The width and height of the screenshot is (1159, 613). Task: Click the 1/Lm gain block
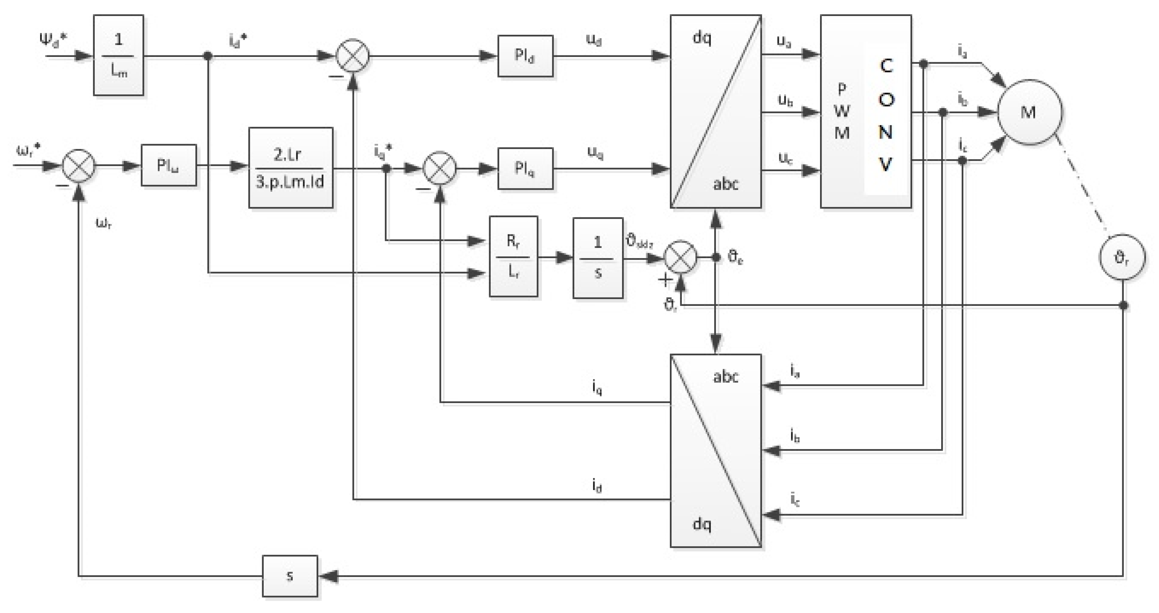[x=118, y=55]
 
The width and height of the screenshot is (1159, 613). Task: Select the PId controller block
[x=525, y=56]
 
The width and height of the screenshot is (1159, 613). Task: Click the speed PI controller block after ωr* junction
[x=169, y=165]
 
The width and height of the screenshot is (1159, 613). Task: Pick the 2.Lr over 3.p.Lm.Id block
[x=291, y=168]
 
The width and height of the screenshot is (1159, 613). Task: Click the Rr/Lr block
[x=513, y=257]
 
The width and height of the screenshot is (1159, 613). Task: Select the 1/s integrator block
[x=598, y=258]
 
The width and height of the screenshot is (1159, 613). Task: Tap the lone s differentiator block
[x=290, y=576]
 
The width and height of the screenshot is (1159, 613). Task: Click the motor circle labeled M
[x=1030, y=112]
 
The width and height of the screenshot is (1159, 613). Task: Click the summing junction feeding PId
[x=353, y=56]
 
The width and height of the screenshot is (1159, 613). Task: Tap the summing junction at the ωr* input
[x=78, y=165]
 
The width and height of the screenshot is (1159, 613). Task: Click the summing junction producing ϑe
[x=680, y=257]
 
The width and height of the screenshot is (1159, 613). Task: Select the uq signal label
[x=595, y=153]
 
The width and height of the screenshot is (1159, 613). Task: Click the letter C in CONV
[x=886, y=66]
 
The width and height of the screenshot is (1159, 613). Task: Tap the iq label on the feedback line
[x=597, y=387]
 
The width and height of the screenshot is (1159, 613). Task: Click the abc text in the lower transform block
[x=725, y=377]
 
